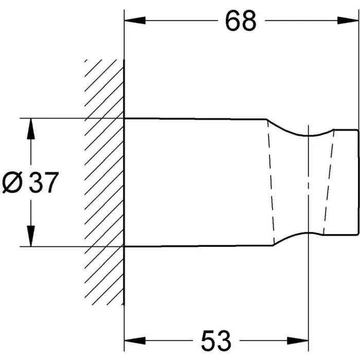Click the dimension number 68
click(240, 21)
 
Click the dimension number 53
click(212, 341)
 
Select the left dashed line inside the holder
click(271, 183)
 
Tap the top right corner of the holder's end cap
click(358, 129)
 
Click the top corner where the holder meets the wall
click(124, 118)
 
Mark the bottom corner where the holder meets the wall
click(124, 246)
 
